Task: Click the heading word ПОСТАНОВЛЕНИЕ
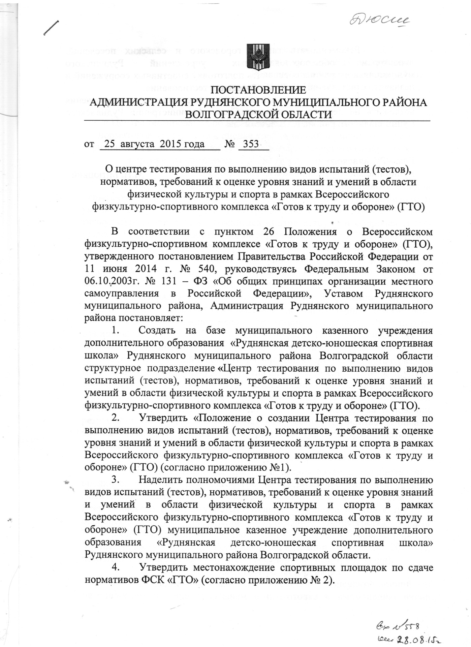tap(258, 91)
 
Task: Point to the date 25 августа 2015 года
tap(155, 144)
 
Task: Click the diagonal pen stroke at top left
tap(51, 28)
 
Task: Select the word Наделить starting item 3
tap(161, 479)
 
